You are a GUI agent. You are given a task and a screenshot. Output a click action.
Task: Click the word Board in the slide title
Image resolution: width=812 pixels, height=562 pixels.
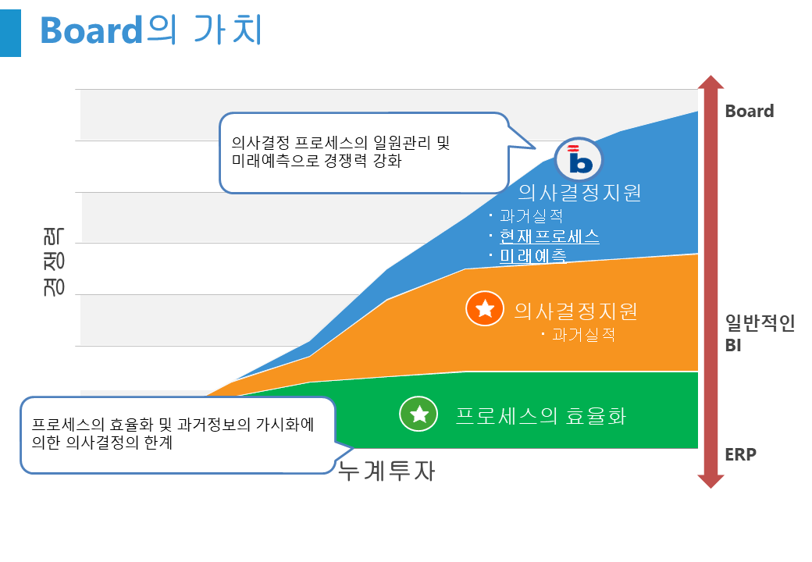[91, 30]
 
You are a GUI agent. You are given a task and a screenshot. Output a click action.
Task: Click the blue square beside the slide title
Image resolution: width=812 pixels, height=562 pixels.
[10, 33]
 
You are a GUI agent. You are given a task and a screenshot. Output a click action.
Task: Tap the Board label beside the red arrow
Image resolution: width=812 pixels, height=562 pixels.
[750, 111]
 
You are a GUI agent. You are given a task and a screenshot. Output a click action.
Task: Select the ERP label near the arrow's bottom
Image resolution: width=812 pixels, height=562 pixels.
[740, 454]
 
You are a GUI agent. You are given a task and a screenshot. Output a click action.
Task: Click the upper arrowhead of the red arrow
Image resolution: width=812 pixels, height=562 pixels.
[710, 82]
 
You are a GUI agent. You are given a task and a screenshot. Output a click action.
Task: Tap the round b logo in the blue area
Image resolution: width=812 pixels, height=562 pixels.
[579, 160]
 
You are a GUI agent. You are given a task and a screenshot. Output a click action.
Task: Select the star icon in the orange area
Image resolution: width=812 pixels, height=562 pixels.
[485, 308]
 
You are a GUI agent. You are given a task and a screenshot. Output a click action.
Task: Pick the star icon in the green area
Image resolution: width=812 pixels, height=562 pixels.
[418, 414]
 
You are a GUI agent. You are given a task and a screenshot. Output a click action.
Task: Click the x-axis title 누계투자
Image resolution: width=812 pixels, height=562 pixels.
[386, 471]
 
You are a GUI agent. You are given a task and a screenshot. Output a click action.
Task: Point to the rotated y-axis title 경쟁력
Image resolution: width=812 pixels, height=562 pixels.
[54, 261]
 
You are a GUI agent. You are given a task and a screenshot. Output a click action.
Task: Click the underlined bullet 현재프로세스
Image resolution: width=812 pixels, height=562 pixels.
[550, 236]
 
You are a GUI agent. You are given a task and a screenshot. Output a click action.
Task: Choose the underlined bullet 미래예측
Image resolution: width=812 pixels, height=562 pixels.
[532, 256]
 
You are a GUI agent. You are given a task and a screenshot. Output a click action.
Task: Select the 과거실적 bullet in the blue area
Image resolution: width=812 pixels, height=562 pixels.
[532, 215]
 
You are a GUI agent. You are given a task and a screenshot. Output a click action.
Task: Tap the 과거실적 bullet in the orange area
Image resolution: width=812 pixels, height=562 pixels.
[584, 335]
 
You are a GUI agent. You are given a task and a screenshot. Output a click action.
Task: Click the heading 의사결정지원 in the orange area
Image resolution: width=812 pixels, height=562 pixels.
[575, 311]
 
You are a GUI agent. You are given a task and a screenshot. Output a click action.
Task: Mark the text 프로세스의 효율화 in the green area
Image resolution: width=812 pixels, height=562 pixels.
[540, 416]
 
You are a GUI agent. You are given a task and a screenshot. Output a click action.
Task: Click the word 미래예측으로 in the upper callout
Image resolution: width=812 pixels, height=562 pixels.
[275, 161]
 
